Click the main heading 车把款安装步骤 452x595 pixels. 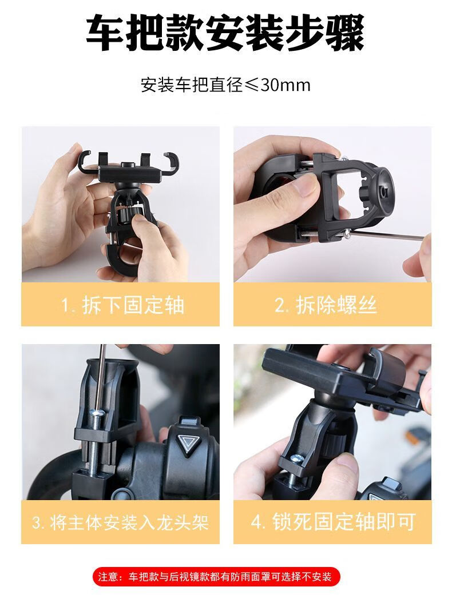click(225, 33)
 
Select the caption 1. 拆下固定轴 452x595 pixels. click(122, 305)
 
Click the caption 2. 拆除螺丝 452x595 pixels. click(326, 305)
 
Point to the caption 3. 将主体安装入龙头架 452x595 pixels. click(120, 522)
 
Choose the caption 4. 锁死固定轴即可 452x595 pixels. click(333, 522)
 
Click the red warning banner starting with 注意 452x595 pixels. click(216, 577)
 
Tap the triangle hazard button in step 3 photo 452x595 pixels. click(187, 442)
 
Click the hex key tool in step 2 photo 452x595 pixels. click(387, 235)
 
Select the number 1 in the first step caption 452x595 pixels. click(66, 305)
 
